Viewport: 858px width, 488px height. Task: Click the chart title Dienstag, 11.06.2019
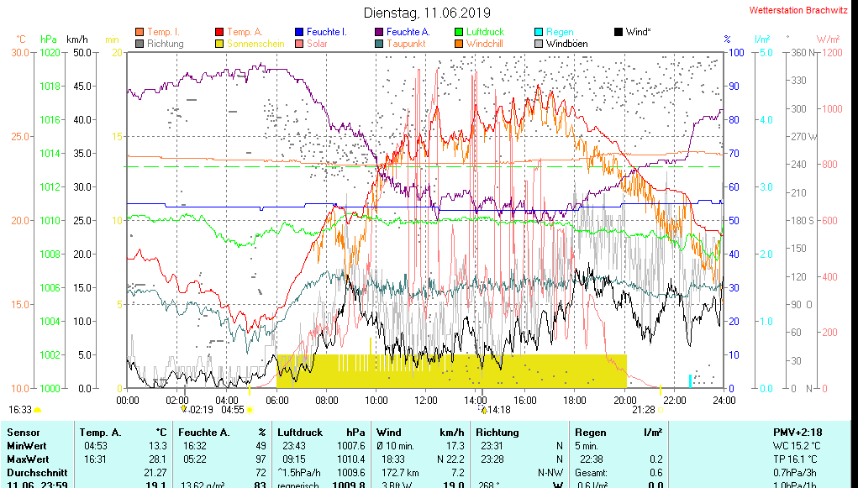tap(426, 13)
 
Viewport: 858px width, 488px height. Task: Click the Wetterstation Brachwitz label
tap(799, 11)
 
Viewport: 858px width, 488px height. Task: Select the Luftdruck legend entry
tap(485, 32)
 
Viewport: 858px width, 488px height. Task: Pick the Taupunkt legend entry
tap(406, 44)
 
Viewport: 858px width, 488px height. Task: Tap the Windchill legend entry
tap(485, 44)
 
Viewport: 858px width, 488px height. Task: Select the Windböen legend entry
tap(566, 44)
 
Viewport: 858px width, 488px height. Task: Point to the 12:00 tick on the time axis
tap(426, 400)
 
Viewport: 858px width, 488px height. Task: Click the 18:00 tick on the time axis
tap(576, 400)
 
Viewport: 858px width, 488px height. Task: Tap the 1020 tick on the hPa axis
tap(50, 52)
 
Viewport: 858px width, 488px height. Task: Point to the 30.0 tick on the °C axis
tap(20, 52)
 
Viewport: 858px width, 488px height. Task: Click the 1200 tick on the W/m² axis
tap(831, 52)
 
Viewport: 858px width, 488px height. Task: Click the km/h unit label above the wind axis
tap(76, 39)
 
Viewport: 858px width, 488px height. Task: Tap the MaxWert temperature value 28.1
tap(156, 459)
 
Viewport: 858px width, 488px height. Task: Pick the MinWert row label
tap(28, 446)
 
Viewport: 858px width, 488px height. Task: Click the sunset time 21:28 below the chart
tap(644, 410)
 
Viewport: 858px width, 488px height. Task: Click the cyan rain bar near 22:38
tap(690, 380)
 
